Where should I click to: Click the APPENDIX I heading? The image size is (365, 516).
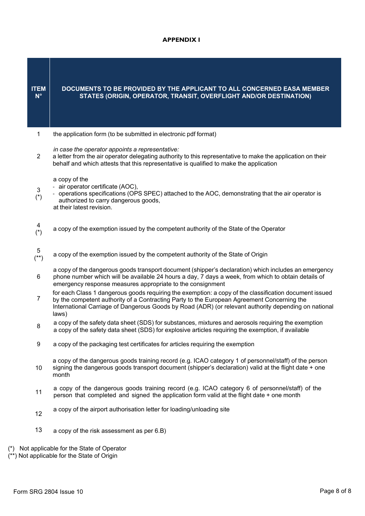coord(181,40)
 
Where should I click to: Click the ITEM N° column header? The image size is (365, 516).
coord(38,92)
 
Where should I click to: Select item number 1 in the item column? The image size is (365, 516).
coord(38,134)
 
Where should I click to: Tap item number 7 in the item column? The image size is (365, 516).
coord(38,299)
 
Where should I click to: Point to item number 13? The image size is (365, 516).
coord(38,430)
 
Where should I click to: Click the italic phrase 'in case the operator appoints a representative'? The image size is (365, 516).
coord(116,150)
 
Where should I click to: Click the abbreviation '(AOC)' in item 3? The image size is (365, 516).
coord(128,187)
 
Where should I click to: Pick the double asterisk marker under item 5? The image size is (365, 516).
coord(38,258)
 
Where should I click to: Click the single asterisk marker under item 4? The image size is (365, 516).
coord(38,232)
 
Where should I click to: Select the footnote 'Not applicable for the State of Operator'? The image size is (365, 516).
coord(73,449)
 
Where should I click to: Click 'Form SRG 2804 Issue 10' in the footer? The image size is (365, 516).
coord(48,492)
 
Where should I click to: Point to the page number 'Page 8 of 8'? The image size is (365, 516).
coord(335,491)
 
